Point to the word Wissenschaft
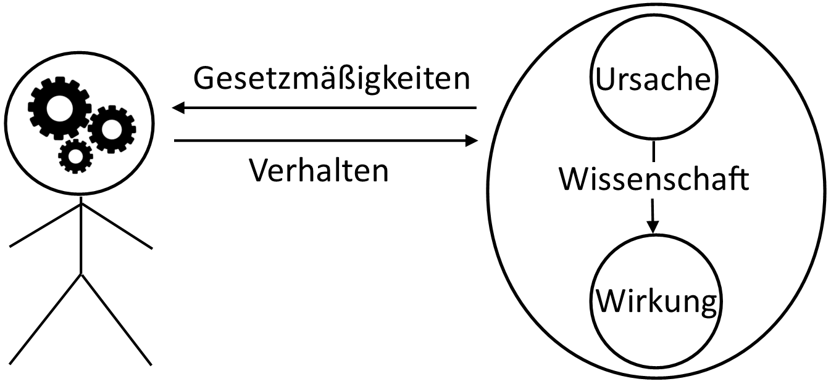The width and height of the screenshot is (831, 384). point(654,179)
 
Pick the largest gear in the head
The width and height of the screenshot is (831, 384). point(59,108)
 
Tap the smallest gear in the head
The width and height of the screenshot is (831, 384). point(75,156)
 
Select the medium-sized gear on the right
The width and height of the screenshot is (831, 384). point(112,129)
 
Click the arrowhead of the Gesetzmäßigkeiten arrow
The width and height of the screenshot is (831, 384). point(180,108)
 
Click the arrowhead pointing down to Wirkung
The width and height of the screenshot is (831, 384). point(653,226)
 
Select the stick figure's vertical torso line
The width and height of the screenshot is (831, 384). point(81,234)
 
